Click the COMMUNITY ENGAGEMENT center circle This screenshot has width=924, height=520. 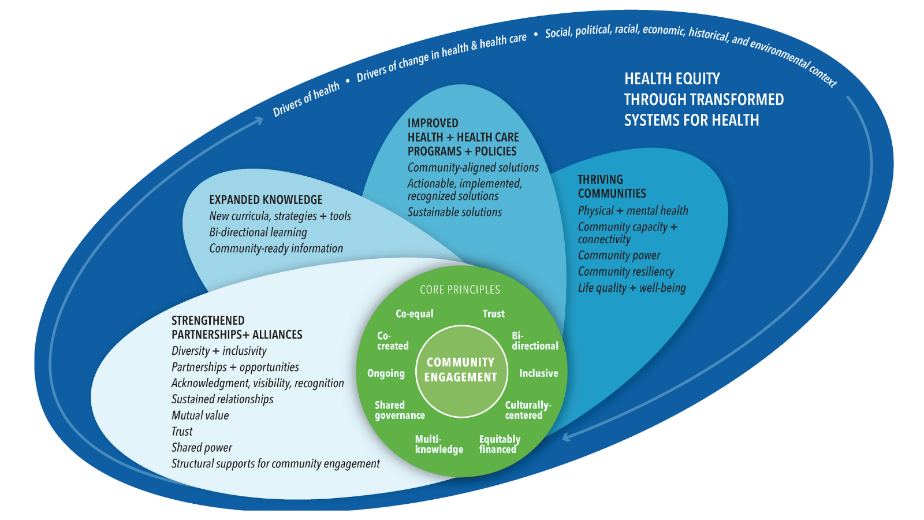[x=461, y=370]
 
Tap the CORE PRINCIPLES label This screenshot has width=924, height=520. [x=460, y=289]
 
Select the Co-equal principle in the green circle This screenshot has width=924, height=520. [x=414, y=314]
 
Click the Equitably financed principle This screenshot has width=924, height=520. [x=500, y=444]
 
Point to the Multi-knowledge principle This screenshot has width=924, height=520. [x=439, y=444]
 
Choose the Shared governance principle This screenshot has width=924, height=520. [x=399, y=410]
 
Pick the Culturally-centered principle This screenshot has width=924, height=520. [x=527, y=410]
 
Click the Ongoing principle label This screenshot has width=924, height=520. [x=386, y=373]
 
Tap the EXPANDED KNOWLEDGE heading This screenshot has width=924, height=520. [x=266, y=200]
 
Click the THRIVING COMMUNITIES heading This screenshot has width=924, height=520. [x=612, y=187]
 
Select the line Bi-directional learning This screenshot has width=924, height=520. [x=258, y=232]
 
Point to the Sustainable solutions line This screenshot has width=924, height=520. [x=454, y=212]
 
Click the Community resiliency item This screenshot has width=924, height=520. [x=626, y=272]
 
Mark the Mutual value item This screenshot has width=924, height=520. [x=200, y=415]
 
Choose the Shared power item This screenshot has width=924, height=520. [x=202, y=448]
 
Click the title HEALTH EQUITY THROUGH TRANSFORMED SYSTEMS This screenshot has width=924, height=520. [x=703, y=99]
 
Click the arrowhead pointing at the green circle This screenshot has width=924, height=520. [x=567, y=437]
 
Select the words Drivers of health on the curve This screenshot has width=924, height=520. [x=306, y=99]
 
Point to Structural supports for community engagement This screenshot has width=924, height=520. [x=275, y=464]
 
